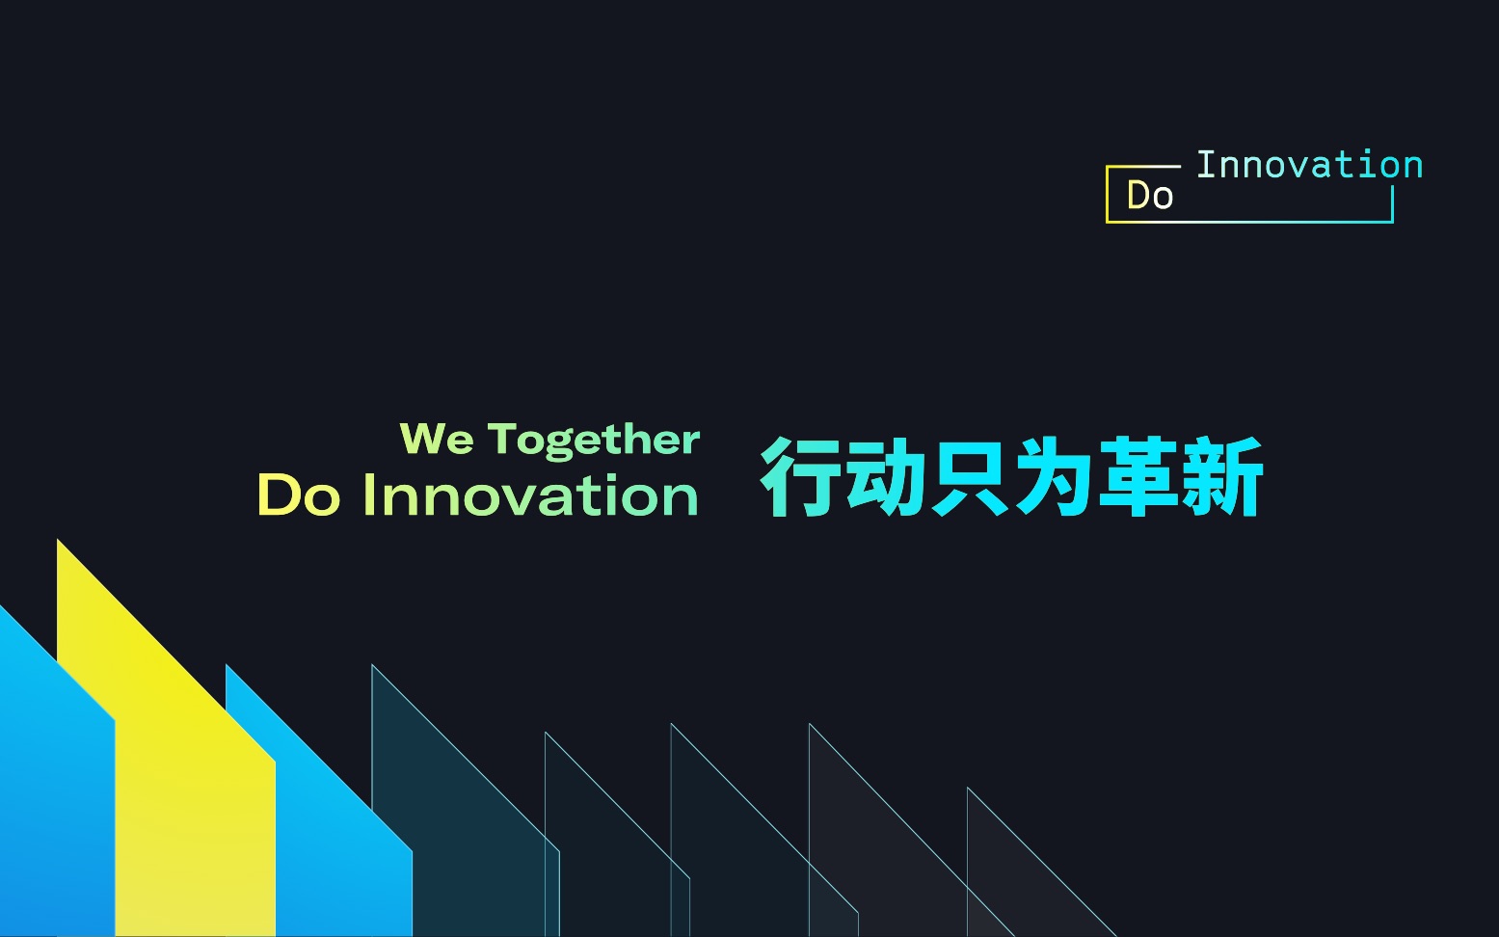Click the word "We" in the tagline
point(437,439)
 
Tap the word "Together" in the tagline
point(594,441)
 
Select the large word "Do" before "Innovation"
point(299,495)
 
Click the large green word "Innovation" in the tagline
point(530,495)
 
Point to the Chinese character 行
point(800,476)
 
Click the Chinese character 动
point(884,476)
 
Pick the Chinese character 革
point(1137,476)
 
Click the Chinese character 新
point(1220,476)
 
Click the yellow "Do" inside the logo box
point(1150,196)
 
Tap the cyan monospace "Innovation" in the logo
point(1309,165)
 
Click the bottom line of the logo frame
point(1249,222)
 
